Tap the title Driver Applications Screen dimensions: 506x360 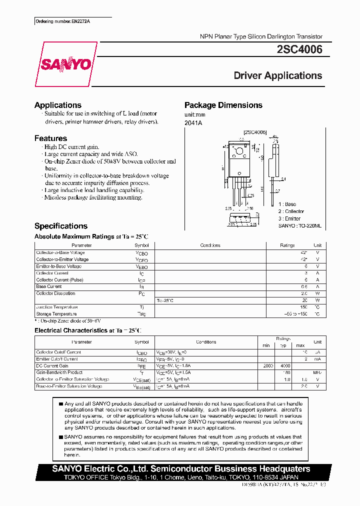tap(278, 75)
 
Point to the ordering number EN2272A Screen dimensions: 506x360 tap(66, 22)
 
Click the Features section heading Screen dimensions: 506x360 tap(50, 138)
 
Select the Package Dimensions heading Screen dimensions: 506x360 tap(223, 105)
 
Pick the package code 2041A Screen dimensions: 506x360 tap(193, 123)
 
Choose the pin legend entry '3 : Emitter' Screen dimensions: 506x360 tap(289, 218)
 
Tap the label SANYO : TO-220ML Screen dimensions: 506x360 tap(300, 226)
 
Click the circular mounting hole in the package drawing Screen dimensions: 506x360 tap(240, 150)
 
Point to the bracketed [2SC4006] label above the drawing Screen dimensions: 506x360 tap(255, 132)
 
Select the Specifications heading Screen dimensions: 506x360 tap(60, 226)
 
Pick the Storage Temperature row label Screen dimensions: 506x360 tap(56, 314)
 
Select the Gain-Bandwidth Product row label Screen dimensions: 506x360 tap(59, 372)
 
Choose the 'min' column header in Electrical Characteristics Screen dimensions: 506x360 tap(266, 345)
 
